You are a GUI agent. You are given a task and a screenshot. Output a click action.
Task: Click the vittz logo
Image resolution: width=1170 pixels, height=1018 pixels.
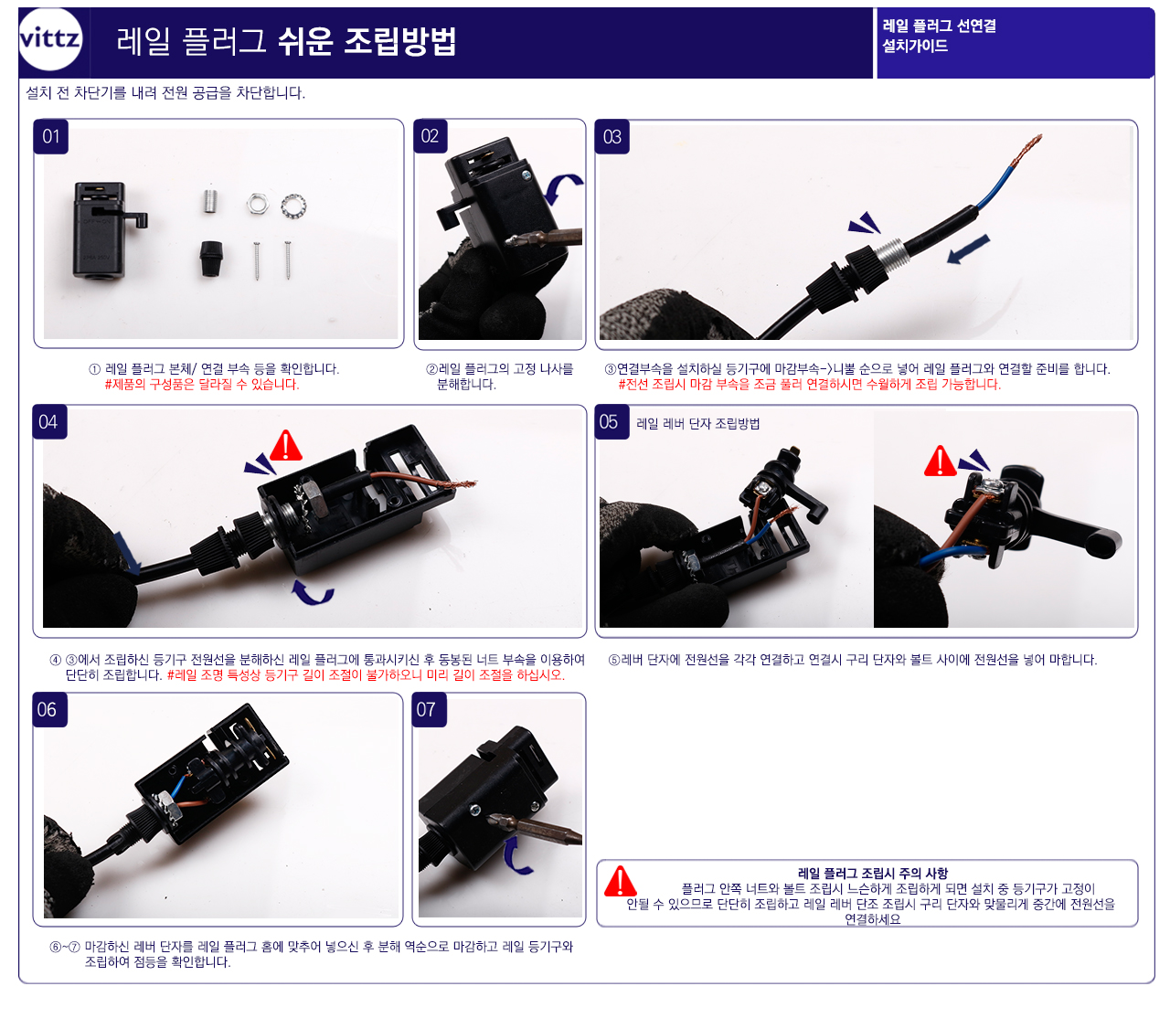pos(50,39)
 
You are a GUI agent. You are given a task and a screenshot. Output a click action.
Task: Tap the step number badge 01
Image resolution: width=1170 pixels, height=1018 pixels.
pos(51,136)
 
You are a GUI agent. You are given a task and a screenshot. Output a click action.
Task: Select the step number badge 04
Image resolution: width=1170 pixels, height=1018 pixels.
pos(49,422)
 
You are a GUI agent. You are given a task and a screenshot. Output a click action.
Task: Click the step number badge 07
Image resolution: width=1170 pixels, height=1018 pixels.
pos(429,709)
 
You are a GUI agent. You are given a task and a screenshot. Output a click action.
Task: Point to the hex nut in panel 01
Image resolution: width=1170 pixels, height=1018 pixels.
pos(258,204)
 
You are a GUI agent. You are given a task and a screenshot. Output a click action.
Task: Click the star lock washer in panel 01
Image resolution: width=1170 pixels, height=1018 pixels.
pos(293,206)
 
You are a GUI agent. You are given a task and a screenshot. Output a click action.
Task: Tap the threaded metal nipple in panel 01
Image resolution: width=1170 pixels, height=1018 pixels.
pos(210,202)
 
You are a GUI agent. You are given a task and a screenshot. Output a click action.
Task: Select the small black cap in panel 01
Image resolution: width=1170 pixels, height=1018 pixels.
pos(211,259)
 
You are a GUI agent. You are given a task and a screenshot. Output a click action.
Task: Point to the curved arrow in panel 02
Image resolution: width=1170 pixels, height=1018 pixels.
pos(560,188)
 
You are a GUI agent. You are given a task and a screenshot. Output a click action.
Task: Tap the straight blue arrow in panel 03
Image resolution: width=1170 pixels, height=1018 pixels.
pos(968,249)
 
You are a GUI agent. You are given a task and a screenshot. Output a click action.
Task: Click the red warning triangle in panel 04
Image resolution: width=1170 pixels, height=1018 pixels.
pos(285,446)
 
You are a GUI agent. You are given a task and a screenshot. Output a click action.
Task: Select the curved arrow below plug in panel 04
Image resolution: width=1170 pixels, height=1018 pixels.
pos(312,594)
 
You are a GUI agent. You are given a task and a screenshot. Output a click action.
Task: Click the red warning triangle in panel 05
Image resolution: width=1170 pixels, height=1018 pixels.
pos(940,461)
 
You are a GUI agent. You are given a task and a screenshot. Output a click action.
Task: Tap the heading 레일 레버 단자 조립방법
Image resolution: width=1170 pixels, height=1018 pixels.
pos(697,423)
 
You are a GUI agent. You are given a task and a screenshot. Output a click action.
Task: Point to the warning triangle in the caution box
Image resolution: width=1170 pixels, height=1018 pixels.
pos(620,882)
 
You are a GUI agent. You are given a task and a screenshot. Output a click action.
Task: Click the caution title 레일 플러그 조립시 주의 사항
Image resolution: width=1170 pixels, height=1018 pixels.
pos(873,873)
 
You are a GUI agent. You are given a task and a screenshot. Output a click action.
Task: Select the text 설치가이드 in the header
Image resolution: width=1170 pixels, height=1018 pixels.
pos(914,47)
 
